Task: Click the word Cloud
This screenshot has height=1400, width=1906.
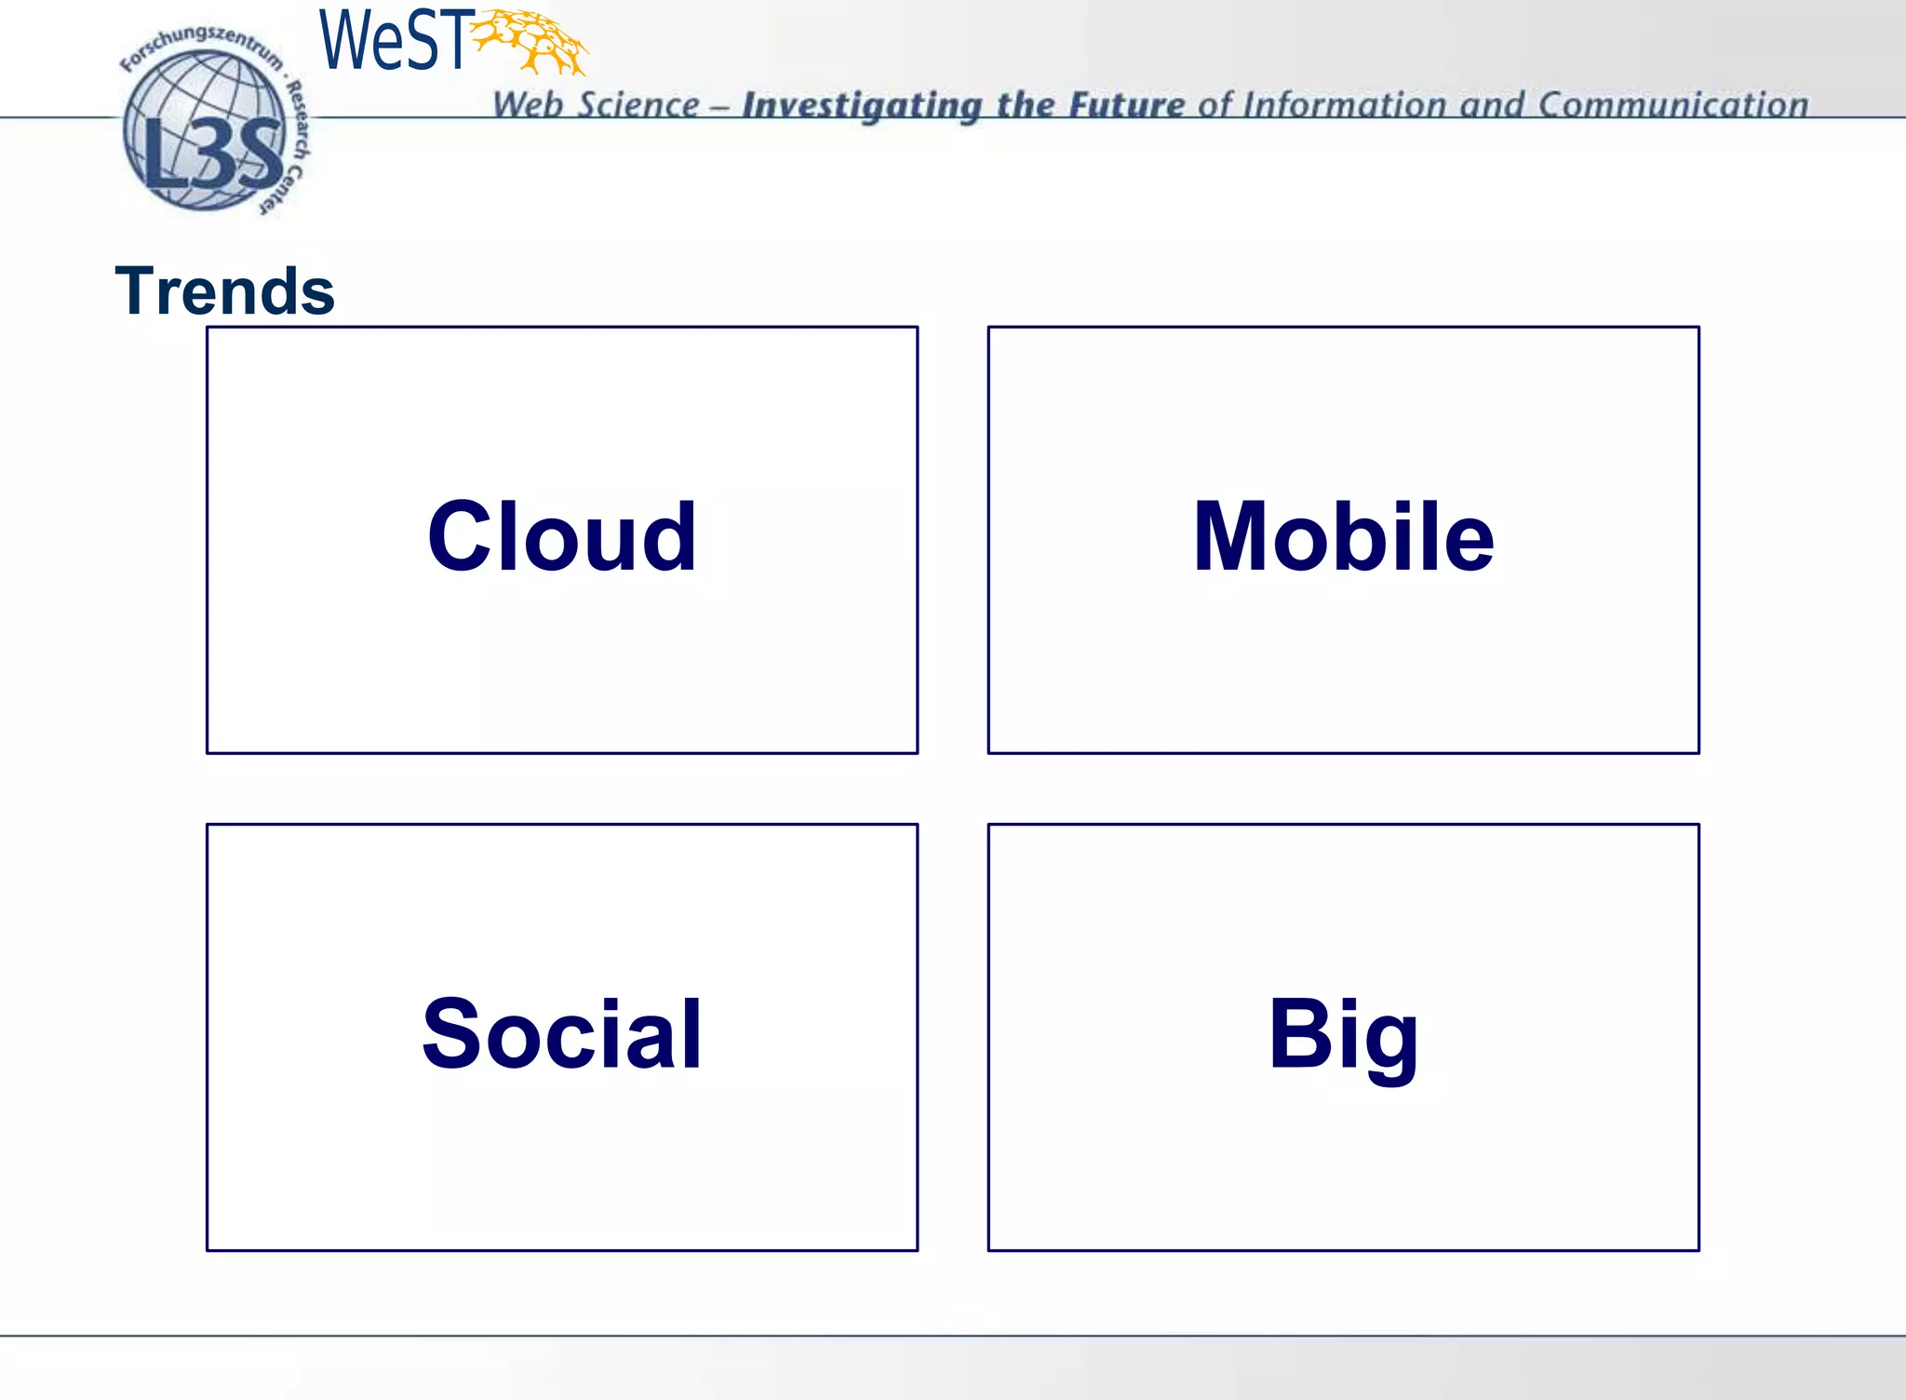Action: pyautogui.click(x=562, y=536)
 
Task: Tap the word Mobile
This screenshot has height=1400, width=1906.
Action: pyautogui.click(x=1343, y=536)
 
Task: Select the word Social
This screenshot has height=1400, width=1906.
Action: pyautogui.click(x=562, y=1033)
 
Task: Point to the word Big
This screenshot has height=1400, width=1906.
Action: pyautogui.click(x=1343, y=1033)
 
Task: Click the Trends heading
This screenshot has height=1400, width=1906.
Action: pyautogui.click(x=224, y=291)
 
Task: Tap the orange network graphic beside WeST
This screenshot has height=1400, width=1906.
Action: pyautogui.click(x=530, y=41)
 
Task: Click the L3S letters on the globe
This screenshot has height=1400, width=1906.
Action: pyautogui.click(x=213, y=154)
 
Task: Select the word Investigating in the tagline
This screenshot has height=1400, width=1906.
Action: pyautogui.click(x=862, y=106)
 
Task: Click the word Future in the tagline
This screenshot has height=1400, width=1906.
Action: pyautogui.click(x=1126, y=105)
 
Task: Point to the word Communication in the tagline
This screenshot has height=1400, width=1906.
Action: pyautogui.click(x=1672, y=105)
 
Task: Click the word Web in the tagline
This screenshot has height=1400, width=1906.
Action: pyautogui.click(x=527, y=105)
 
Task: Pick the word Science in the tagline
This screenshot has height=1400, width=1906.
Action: pyautogui.click(x=638, y=105)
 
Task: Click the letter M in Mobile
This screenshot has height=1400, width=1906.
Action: pyautogui.click(x=1230, y=536)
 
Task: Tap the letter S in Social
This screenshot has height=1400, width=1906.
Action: pyautogui.click(x=453, y=1033)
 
